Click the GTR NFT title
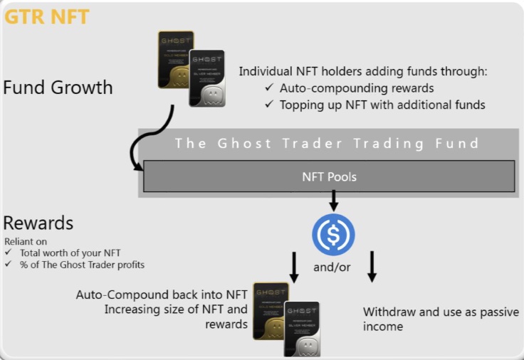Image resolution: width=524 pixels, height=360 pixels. [x=47, y=16]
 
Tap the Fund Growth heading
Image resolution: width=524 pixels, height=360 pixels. [x=58, y=88]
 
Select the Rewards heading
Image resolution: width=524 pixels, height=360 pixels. [x=38, y=223]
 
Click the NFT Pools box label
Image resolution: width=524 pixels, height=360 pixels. [x=329, y=176]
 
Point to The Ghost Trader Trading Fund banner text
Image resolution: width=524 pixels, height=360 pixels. [x=327, y=143]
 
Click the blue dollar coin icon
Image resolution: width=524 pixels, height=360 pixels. [x=333, y=235]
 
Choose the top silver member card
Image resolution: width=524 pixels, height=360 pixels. [x=207, y=78]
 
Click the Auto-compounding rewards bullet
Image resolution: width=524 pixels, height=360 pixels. [x=357, y=89]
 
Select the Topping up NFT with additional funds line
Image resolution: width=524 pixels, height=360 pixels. [x=382, y=105]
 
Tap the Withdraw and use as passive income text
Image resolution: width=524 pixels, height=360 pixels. [x=441, y=319]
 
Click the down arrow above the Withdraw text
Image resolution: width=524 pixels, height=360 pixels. [x=372, y=266]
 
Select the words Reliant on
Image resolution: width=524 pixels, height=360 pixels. [x=25, y=242]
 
